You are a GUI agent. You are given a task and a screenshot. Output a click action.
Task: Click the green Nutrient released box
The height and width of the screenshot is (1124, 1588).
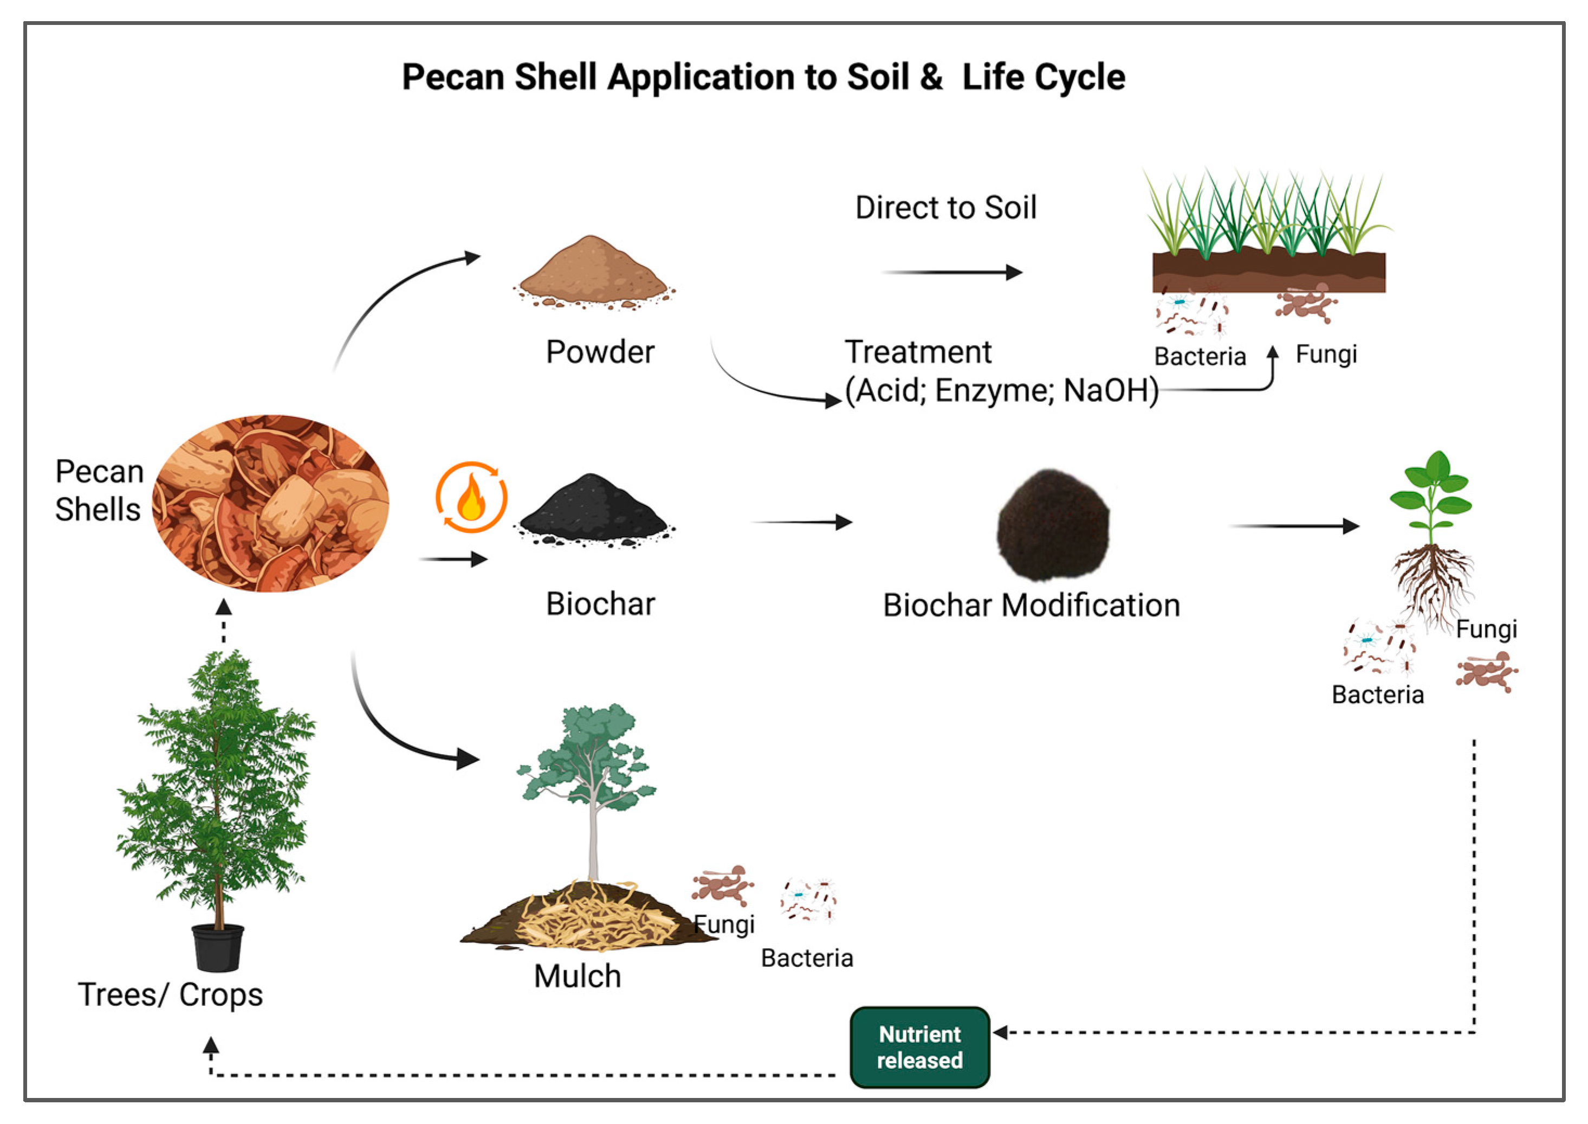[x=919, y=1047]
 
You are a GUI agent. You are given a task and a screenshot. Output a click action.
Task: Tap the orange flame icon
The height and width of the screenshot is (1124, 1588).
[x=471, y=497]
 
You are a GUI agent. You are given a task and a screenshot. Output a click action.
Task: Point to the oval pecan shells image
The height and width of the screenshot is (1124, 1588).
[x=270, y=503]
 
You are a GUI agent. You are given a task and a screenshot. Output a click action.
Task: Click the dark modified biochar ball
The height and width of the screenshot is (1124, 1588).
[x=1053, y=524]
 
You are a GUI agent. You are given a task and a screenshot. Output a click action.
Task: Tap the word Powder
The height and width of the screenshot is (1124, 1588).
[x=600, y=351]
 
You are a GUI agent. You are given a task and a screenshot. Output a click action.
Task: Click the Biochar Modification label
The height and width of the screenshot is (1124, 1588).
[x=1031, y=606]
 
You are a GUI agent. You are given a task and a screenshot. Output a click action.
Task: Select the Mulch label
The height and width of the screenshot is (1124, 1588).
[x=578, y=976]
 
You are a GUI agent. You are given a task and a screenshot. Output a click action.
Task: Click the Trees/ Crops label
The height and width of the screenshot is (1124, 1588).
[x=170, y=994]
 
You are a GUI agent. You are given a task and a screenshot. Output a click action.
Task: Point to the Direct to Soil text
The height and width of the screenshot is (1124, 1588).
[x=945, y=208]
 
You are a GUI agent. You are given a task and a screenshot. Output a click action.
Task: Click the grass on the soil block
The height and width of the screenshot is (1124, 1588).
[x=1266, y=211]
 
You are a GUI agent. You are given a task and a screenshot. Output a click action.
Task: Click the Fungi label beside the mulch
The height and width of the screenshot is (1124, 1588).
[x=724, y=924]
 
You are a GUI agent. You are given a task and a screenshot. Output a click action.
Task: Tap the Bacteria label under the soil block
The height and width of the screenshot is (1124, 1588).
[x=1200, y=356]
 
